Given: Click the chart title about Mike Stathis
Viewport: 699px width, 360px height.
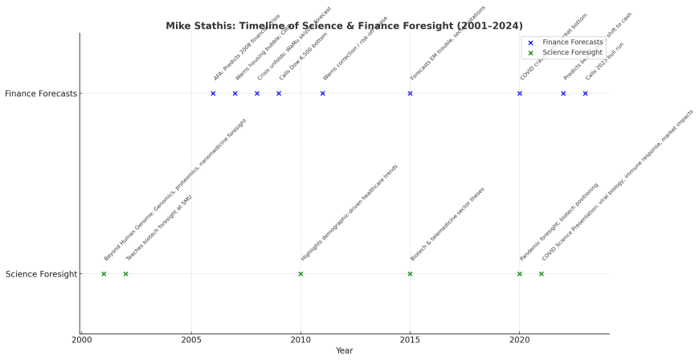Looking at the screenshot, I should (x=344, y=26).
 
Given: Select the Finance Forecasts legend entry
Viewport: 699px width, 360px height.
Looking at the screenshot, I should (x=572, y=42).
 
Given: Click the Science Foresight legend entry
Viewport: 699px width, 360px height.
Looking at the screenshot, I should (x=572, y=52).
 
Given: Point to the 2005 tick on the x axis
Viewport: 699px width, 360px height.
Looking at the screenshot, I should (x=191, y=340).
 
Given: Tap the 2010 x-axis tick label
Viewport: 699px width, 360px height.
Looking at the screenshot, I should (x=300, y=340).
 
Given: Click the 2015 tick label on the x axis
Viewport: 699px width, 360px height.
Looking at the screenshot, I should (x=410, y=340).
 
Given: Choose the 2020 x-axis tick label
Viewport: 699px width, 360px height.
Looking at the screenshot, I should (x=519, y=340).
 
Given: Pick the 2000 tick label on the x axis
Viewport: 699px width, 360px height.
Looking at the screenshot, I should (x=82, y=340).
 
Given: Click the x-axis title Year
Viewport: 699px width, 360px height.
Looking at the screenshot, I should (x=344, y=351).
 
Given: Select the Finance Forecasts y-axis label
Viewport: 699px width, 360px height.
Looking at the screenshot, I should (x=41, y=93).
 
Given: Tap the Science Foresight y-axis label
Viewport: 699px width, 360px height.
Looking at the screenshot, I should (x=41, y=274).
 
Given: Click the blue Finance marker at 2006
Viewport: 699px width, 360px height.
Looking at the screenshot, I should (x=213, y=93).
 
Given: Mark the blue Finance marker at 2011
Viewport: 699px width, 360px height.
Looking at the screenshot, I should (x=322, y=93).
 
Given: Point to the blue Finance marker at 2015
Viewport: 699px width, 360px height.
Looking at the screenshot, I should (x=410, y=93).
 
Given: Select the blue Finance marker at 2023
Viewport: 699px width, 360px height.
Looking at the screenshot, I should (x=585, y=93).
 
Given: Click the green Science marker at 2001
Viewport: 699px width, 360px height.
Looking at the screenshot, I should (x=104, y=274).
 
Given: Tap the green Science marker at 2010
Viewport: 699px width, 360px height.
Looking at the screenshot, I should (x=300, y=274).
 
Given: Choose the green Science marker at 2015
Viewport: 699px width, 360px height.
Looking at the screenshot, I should (x=410, y=274).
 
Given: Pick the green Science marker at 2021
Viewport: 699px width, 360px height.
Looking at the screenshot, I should (x=541, y=274).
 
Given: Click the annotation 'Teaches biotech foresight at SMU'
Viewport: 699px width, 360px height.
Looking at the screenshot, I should (x=159, y=228).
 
